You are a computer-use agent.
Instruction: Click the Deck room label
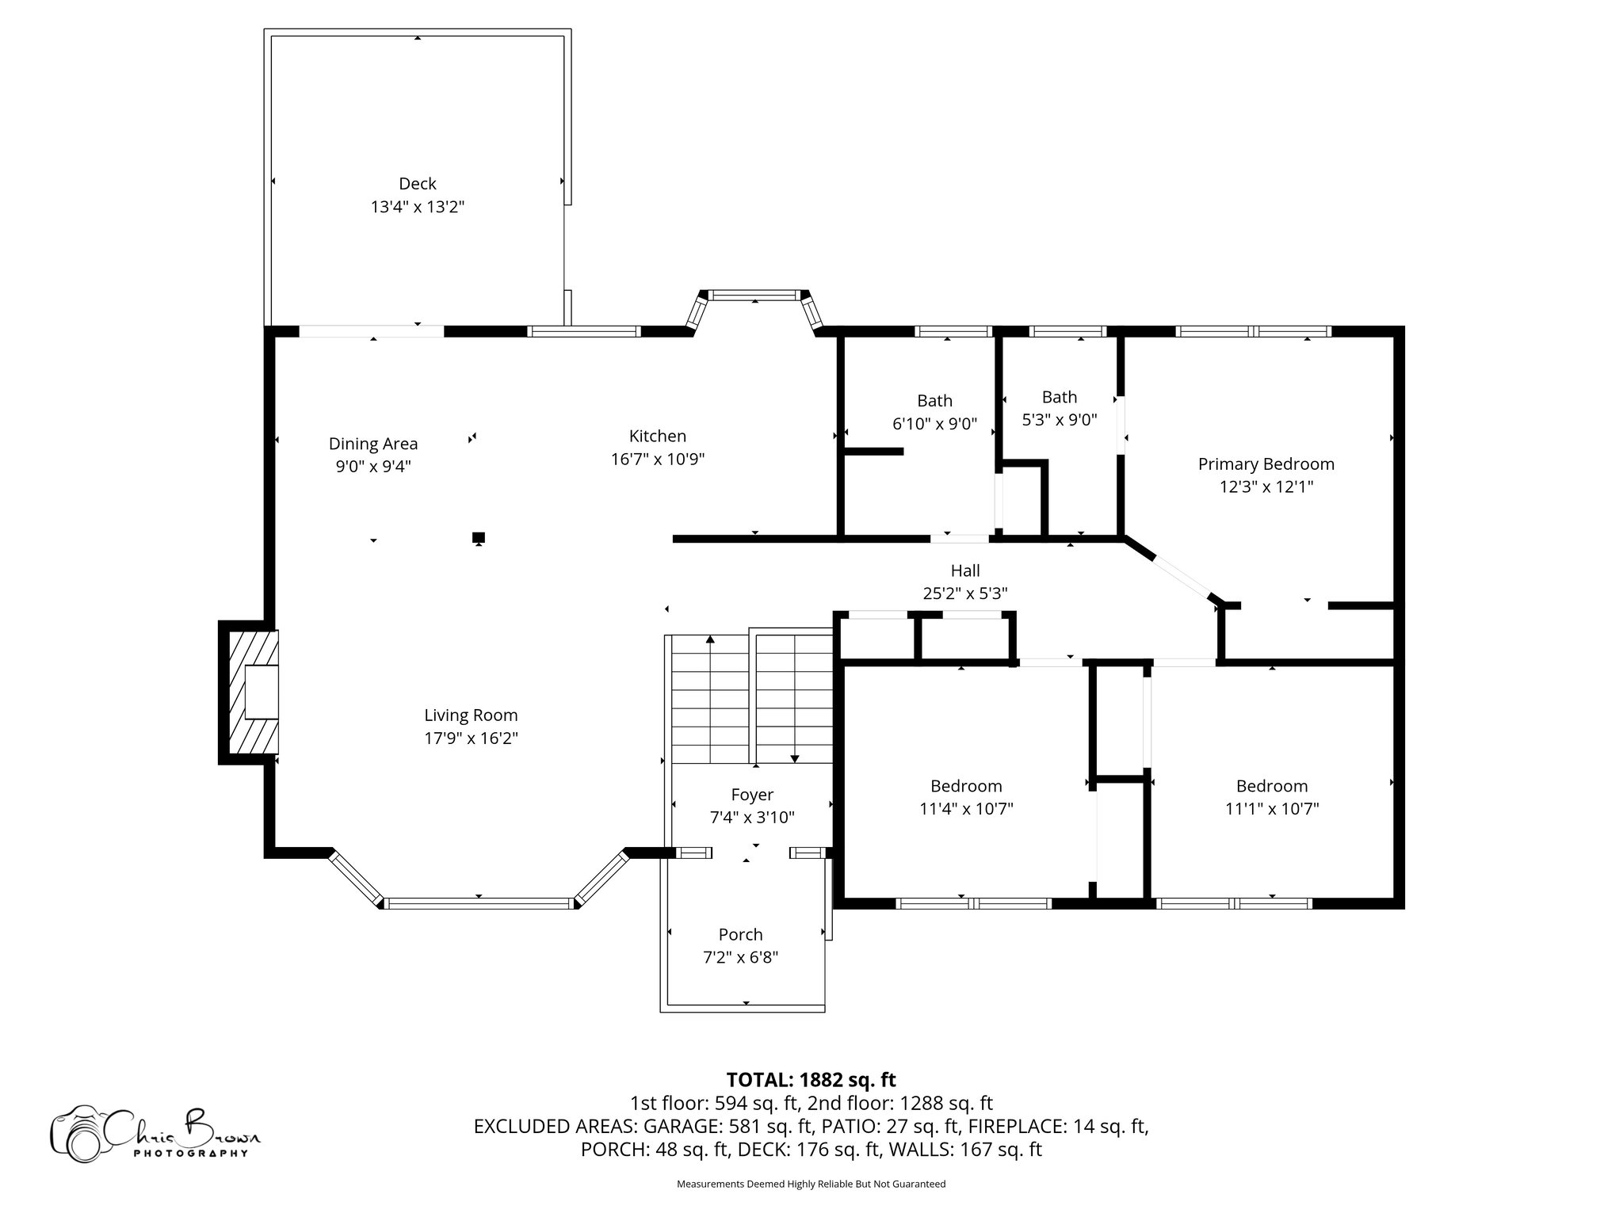pyautogui.click(x=417, y=184)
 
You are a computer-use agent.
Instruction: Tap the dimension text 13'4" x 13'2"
pyautogui.click(x=417, y=208)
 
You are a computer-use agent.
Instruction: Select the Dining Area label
pyautogui.click(x=372, y=444)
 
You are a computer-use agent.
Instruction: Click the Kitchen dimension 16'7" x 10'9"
pyautogui.click(x=657, y=460)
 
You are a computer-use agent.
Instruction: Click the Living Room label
pyautogui.click(x=471, y=715)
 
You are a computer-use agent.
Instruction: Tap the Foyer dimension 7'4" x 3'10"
pyautogui.click(x=751, y=818)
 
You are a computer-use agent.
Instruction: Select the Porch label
pyautogui.click(x=740, y=935)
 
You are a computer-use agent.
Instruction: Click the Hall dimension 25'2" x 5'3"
pyautogui.click(x=964, y=593)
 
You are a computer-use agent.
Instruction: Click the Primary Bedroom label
pyautogui.click(x=1266, y=464)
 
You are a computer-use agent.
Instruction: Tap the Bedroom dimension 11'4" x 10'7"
pyautogui.click(x=965, y=809)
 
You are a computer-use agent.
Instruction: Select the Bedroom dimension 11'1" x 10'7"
pyautogui.click(x=1271, y=809)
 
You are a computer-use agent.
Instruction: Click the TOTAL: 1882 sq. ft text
pyautogui.click(x=811, y=1080)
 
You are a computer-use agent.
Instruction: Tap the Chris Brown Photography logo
pyautogui.click(x=155, y=1134)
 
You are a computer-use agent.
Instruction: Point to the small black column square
pyautogui.click(x=479, y=537)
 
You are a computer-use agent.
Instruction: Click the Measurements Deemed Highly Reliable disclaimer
pyautogui.click(x=811, y=1184)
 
